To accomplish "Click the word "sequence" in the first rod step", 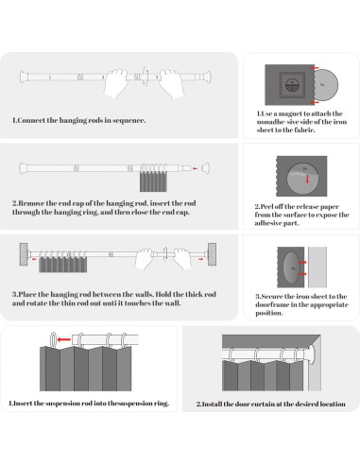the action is pyautogui.click(x=129, y=120).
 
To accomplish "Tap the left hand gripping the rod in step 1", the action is pyautogui.click(x=116, y=83).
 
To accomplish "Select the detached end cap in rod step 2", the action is pyautogui.click(x=205, y=168).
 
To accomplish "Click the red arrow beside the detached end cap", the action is pyautogui.click(x=195, y=168).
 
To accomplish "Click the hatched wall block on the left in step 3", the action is pyautogui.click(x=24, y=254).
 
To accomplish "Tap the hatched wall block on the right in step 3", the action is pyautogui.click(x=212, y=254).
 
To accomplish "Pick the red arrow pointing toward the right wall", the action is pyautogui.click(x=200, y=259).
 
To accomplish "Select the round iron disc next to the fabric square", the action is pyautogui.click(x=324, y=85).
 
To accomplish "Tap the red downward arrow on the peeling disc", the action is pyautogui.click(x=307, y=179).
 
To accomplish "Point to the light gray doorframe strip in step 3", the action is pyautogui.click(x=317, y=267).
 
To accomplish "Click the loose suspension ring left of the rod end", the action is pyautogui.click(x=53, y=339).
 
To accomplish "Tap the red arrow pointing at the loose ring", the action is pyautogui.click(x=64, y=339).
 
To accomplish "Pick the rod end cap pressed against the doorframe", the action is pyautogui.click(x=312, y=354).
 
